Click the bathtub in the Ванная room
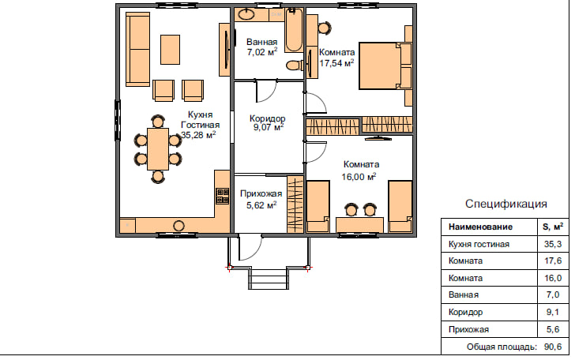[x=294, y=29]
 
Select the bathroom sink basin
[x=246, y=14]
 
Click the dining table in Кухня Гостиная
[x=158, y=149]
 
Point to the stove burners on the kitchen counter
[x=222, y=196]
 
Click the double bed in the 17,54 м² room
[x=385, y=66]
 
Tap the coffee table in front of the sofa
[x=170, y=50]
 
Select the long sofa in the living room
[x=137, y=49]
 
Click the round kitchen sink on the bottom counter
[x=179, y=226]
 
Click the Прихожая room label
[x=261, y=193]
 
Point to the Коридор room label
[x=267, y=118]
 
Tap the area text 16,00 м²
[x=359, y=177]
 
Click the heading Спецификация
[x=506, y=204]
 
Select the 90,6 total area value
[x=553, y=347]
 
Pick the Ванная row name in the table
[x=464, y=294]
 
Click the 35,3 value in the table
[x=553, y=244]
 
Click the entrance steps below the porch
[x=269, y=279]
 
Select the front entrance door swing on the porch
[x=250, y=247]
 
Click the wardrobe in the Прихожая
[x=295, y=204]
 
